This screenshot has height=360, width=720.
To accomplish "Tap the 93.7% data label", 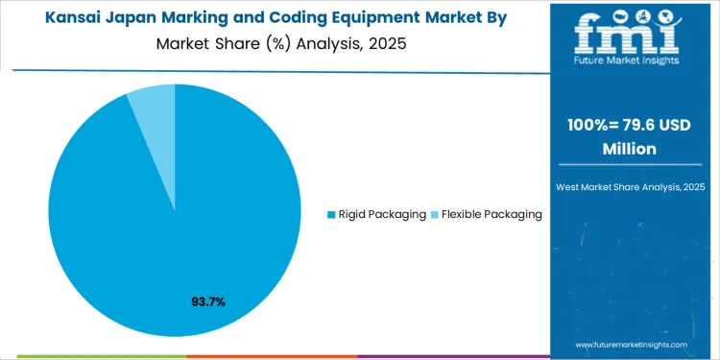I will click(x=208, y=302).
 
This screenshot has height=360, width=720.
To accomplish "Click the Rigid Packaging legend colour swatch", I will click(x=332, y=214).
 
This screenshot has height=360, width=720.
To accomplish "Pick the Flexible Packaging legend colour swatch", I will click(x=434, y=214).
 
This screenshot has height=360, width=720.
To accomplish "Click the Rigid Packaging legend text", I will click(x=382, y=214).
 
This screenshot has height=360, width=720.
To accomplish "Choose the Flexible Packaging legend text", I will click(x=492, y=214).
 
